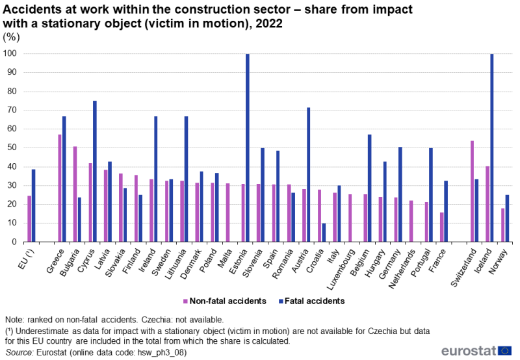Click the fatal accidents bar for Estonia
point(247,148)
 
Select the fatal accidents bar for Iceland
point(491,148)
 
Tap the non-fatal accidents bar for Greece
point(60,188)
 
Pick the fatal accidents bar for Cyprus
point(95,171)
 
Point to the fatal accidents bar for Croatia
point(323,232)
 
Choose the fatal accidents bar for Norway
point(506,218)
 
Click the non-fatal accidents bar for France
point(441,227)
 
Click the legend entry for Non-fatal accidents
point(226,301)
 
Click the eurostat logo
point(476,351)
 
